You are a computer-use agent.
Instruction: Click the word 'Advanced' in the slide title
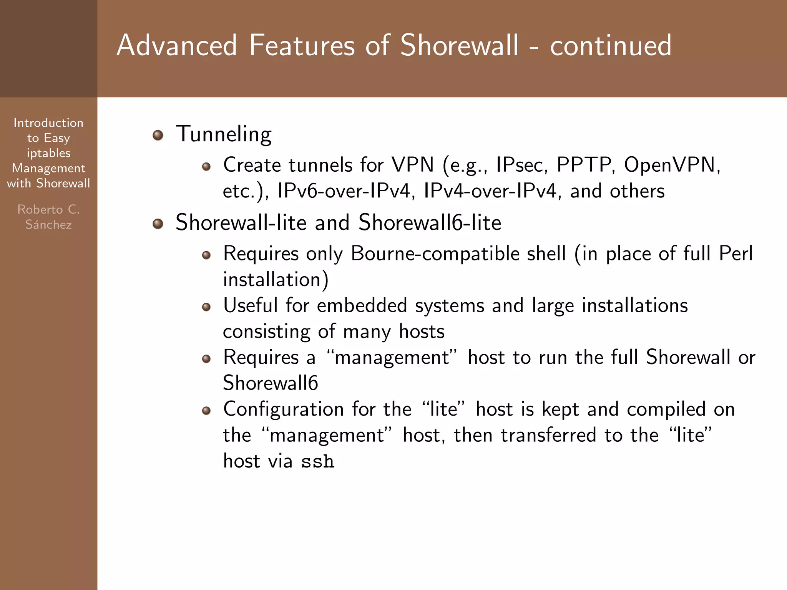[x=177, y=45]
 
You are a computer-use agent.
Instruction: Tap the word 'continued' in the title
[x=611, y=45]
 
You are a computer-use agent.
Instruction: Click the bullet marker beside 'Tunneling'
[x=158, y=135]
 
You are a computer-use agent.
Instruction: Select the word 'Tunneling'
[x=224, y=134]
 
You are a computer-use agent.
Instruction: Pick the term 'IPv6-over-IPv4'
[x=344, y=191]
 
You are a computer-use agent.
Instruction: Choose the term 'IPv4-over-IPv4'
[x=490, y=191]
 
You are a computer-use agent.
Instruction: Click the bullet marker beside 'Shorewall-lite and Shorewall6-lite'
[x=158, y=224]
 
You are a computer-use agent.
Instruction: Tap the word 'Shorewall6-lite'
[x=430, y=223]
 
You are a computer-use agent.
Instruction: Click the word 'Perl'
[x=736, y=254]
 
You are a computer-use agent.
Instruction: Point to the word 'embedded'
[x=362, y=306]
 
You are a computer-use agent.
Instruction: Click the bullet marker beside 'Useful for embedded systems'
[x=206, y=307]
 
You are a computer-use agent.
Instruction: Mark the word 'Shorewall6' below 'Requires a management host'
[x=271, y=383]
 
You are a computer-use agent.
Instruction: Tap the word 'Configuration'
[x=284, y=409]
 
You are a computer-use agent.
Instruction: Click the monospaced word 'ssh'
[x=318, y=462]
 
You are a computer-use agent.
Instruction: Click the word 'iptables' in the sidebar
[x=48, y=153]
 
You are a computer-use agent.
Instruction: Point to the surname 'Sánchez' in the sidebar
[x=48, y=224]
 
